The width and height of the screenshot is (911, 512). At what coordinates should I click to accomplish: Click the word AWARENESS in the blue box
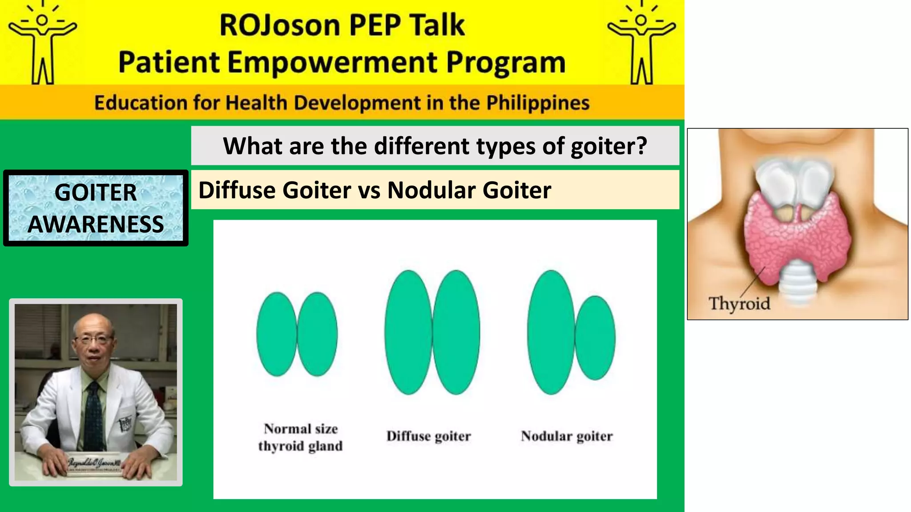click(x=96, y=224)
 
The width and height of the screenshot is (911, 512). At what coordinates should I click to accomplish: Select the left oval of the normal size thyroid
click(x=277, y=334)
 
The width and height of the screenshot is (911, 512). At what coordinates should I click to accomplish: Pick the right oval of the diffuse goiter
click(x=457, y=332)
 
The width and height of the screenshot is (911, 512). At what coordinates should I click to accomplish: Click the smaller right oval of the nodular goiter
click(x=596, y=338)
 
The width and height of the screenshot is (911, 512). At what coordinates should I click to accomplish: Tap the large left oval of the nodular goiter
click(x=551, y=332)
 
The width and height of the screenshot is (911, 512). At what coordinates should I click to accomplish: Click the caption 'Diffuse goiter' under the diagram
click(x=428, y=436)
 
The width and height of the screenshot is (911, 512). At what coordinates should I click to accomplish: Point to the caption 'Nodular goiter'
click(x=567, y=436)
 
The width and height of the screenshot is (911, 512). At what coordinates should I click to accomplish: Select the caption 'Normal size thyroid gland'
click(x=301, y=437)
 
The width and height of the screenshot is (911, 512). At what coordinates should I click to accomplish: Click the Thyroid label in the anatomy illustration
click(x=739, y=304)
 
